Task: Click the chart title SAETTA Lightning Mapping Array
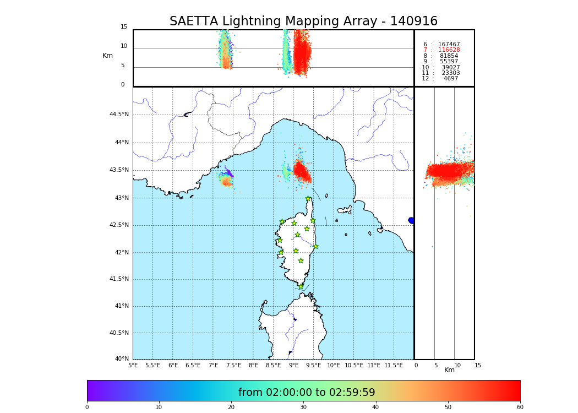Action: (x=303, y=21)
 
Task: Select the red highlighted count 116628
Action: (x=449, y=50)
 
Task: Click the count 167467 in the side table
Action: (x=449, y=45)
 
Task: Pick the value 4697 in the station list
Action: (x=450, y=79)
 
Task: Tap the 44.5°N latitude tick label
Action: (x=118, y=115)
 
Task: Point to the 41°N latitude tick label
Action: (x=121, y=306)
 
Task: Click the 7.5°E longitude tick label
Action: (x=233, y=365)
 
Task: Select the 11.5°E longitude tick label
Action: (x=394, y=365)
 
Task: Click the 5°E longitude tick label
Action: (x=133, y=365)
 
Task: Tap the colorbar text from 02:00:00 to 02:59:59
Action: (x=307, y=393)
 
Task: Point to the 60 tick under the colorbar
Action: (x=520, y=407)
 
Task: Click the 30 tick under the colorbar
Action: (x=303, y=407)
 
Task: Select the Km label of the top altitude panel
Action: (x=107, y=56)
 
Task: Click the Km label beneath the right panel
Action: (x=449, y=370)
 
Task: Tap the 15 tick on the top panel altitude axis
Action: (x=124, y=27)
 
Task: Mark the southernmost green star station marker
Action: (x=301, y=286)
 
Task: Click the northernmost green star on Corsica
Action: (x=308, y=199)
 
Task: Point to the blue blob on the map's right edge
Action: (x=411, y=220)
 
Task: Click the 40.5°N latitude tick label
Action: (x=118, y=333)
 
